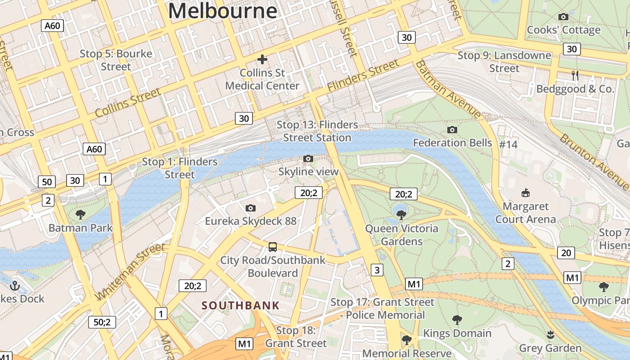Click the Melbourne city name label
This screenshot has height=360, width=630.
tap(223, 11)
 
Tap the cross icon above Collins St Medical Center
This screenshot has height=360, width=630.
tap(262, 59)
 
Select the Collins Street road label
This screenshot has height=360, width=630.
tap(128, 103)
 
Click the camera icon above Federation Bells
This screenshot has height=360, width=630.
tap(452, 130)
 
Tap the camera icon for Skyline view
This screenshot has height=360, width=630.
tap(308, 158)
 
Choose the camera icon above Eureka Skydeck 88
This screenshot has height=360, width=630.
tap(251, 208)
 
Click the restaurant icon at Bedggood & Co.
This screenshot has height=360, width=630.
tap(575, 76)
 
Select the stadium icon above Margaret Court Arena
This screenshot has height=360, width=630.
tap(525, 193)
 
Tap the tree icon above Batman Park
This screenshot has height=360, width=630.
tap(81, 215)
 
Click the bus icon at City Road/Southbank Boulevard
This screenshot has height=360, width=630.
tap(273, 247)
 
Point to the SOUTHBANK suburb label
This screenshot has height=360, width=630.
tap(240, 306)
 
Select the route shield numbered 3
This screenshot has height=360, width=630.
tap(377, 270)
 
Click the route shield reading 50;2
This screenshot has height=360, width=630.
tap(102, 322)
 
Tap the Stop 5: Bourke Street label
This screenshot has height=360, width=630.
tap(116, 60)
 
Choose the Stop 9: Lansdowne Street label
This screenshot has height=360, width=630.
tap(504, 62)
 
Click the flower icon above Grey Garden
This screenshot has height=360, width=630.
tap(550, 334)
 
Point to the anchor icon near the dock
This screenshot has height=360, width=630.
tap(15, 285)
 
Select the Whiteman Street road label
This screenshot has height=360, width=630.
tap(130, 272)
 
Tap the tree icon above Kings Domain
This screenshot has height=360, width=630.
tap(457, 320)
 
